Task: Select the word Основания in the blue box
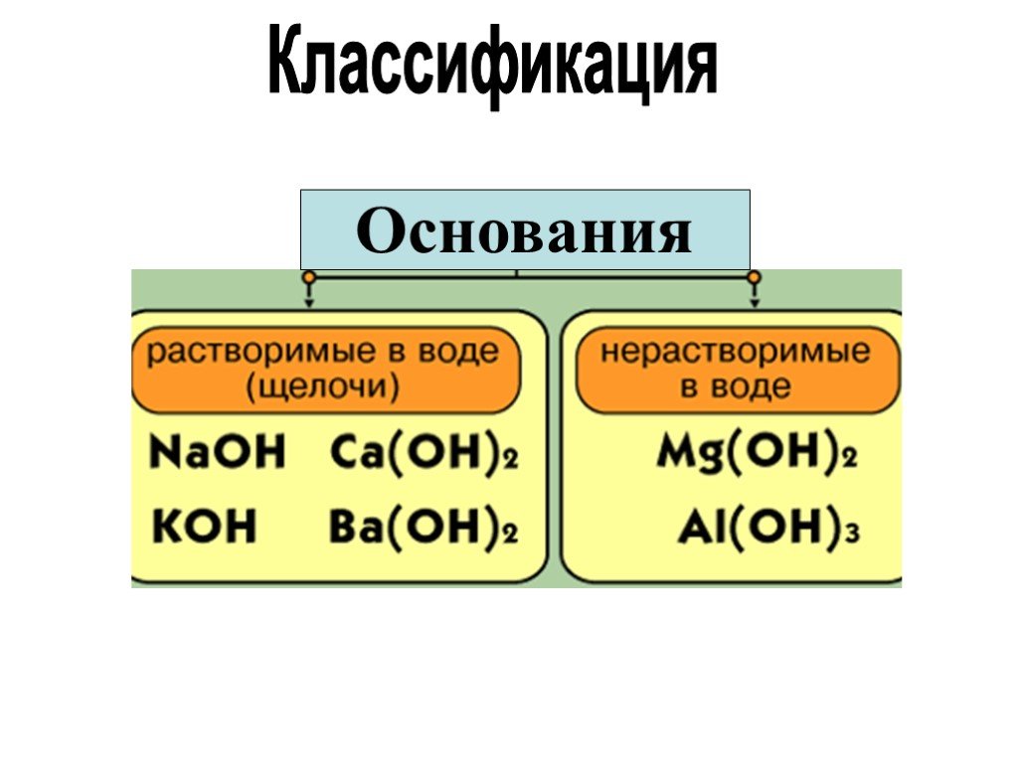[x=525, y=230]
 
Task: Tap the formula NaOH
[x=218, y=452]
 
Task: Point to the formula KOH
[x=205, y=526]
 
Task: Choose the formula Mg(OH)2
[x=757, y=453]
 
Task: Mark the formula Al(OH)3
[x=769, y=529]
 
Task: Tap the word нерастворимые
[x=735, y=352]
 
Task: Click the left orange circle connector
[x=310, y=278]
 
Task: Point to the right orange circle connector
[x=754, y=278]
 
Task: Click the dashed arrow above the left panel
[x=310, y=296]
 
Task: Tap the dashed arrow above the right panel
[x=754, y=296]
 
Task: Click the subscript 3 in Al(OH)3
[x=854, y=534]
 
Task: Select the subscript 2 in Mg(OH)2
[x=851, y=459]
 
